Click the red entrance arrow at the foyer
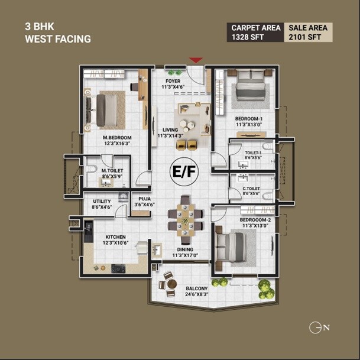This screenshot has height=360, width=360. coord(196,60)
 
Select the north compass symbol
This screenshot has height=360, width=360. coord(316,327)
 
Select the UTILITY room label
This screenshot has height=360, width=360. coord(102,204)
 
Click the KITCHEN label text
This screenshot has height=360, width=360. coord(115,240)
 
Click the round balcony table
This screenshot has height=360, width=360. coord(171,284)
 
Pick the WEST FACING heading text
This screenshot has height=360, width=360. coord(57,40)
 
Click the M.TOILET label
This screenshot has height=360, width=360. coord(111,173)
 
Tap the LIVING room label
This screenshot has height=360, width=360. coord(171,132)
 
